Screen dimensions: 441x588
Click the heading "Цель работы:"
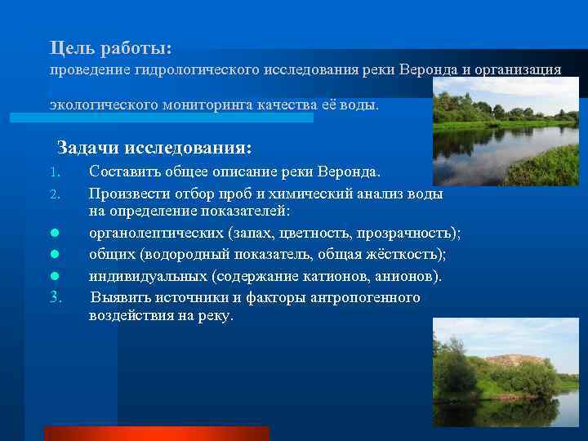click(110, 49)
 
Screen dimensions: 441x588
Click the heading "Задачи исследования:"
click(154, 148)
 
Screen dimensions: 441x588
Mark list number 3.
click(55, 297)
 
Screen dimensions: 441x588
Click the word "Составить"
click(124, 172)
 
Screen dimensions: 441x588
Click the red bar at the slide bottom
click(156, 434)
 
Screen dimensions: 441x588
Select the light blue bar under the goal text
click(161, 118)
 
